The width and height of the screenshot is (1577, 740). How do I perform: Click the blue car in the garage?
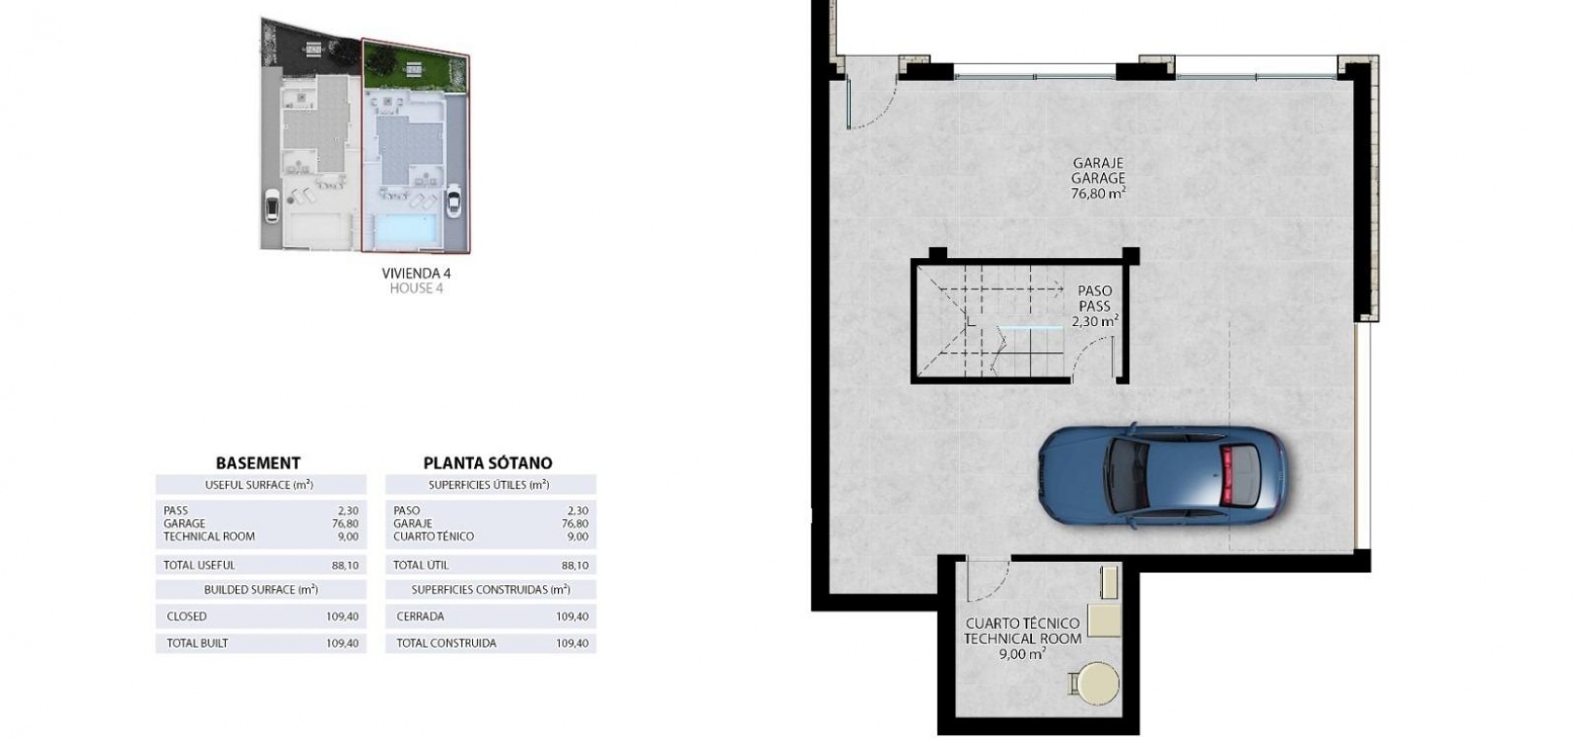(1162, 478)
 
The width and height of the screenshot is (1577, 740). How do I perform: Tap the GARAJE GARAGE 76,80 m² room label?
(1097, 179)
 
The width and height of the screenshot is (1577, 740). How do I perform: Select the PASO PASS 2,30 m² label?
(1095, 307)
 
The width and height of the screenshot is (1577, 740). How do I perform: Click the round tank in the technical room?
(1097, 683)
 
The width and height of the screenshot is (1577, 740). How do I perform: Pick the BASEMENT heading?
(258, 463)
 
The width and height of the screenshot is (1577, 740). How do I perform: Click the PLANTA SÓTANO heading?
(487, 463)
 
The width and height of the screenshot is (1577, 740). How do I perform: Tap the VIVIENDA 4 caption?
(416, 274)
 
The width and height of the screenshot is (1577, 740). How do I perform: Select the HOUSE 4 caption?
(416, 288)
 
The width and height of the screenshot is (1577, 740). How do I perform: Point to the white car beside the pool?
(454, 201)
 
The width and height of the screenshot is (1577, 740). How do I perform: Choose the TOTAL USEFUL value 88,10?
(345, 566)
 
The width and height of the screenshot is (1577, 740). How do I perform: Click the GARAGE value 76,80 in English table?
(345, 524)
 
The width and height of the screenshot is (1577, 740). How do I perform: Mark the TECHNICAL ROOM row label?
(209, 536)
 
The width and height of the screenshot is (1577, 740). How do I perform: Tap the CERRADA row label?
(421, 616)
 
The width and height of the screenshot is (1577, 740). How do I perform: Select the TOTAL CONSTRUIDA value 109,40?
(572, 644)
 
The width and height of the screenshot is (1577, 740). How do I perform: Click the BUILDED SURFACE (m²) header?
(261, 590)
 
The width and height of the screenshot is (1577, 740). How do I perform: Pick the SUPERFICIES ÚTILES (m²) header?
(490, 485)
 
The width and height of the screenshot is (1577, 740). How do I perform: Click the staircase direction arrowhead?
(1059, 288)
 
